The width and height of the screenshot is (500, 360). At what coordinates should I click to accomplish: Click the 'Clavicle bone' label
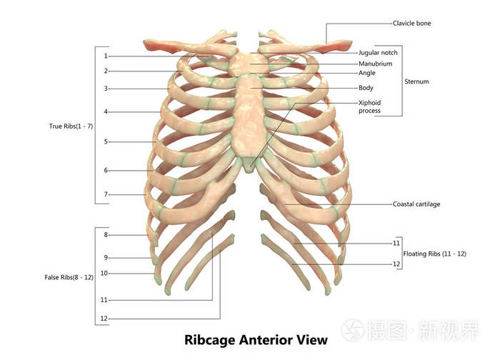(411, 24)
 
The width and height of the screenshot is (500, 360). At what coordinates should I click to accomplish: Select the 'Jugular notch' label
(378, 53)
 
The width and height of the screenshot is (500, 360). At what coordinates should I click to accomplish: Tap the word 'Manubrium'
(375, 64)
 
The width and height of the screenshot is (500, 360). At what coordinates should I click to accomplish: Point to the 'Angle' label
(366, 73)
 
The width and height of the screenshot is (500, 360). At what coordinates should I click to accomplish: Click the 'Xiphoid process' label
(369, 106)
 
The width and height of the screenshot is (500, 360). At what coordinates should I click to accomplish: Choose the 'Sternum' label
(416, 81)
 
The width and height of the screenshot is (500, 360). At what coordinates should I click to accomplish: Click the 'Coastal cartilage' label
(416, 204)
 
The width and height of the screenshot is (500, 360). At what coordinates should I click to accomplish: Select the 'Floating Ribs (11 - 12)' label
(434, 254)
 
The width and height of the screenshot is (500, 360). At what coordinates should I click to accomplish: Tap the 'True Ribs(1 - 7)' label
(71, 126)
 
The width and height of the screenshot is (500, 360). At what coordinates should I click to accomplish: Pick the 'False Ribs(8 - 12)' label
(69, 277)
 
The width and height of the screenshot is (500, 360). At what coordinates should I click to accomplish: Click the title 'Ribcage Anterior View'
(256, 340)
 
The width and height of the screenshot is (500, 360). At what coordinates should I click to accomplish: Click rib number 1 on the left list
(106, 56)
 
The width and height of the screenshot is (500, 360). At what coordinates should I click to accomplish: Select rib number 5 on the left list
(106, 141)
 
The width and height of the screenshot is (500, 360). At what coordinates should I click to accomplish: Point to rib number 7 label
(106, 194)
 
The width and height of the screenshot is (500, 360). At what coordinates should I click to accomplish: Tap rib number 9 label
(106, 258)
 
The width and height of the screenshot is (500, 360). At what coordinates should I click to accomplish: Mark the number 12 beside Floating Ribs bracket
(396, 264)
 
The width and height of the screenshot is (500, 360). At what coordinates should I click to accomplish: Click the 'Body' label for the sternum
(366, 88)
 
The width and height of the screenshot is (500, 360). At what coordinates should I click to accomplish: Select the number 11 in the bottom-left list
(104, 300)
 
